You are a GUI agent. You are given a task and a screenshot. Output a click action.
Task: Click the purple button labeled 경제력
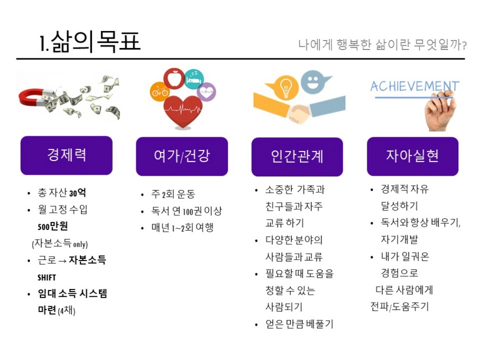(66, 155)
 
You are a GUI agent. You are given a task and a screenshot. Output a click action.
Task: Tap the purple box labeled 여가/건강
(182, 156)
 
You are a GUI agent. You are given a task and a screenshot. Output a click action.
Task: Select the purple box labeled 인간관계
(297, 157)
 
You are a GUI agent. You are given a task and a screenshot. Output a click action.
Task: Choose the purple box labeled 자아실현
(413, 156)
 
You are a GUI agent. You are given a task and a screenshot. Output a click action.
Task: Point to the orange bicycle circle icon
(159, 91)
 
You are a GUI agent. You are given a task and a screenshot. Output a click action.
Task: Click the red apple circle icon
(174, 78)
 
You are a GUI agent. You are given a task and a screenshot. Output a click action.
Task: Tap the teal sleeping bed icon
(194, 79)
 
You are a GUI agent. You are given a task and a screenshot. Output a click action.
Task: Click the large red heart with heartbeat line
(183, 111)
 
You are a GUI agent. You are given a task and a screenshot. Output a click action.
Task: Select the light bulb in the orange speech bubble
(286, 87)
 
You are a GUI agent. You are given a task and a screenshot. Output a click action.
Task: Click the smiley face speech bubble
(314, 82)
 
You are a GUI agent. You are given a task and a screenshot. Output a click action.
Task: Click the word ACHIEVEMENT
(415, 86)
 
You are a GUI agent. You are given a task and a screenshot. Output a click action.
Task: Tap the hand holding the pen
(441, 112)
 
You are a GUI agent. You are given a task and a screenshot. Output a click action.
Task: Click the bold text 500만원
(53, 226)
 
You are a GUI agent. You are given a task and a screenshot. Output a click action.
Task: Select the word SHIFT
(47, 278)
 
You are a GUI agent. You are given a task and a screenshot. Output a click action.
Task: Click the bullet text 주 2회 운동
(173, 194)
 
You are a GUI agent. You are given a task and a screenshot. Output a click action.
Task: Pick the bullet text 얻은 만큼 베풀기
(299, 324)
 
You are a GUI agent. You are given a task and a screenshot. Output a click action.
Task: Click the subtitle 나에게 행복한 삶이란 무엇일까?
(382, 45)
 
